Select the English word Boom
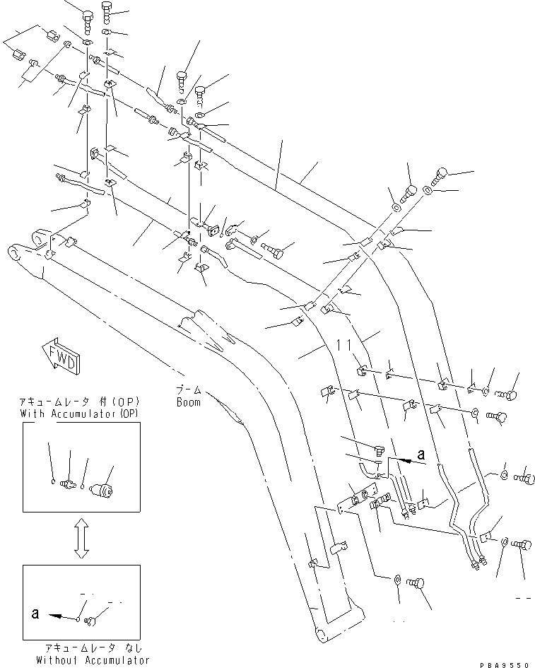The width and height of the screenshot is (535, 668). point(188,402)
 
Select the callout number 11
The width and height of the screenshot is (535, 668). point(344,345)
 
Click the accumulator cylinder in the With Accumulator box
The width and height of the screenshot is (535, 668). point(108,490)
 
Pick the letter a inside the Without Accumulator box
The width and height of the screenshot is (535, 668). point(35,614)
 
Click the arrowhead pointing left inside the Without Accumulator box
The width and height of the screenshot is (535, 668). point(55,616)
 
